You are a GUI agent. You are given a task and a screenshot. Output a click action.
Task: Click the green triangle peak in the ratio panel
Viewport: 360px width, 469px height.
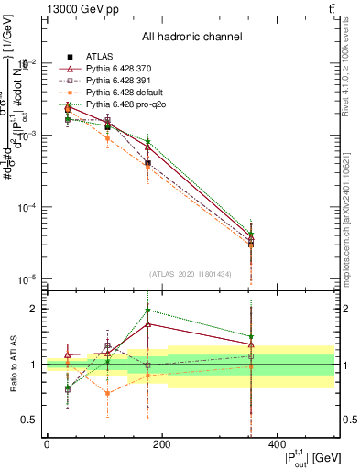tap(148, 311)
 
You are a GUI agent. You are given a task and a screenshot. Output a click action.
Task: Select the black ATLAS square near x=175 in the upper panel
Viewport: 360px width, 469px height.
tap(148, 162)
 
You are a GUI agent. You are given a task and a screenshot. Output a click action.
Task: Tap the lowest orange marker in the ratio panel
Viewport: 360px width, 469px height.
tap(108, 393)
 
